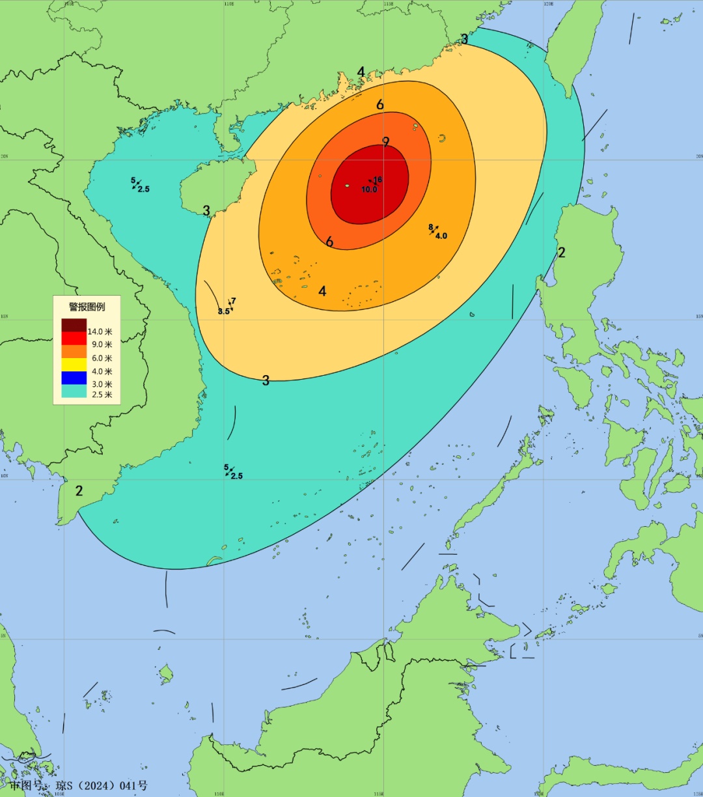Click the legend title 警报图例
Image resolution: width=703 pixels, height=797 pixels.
87,307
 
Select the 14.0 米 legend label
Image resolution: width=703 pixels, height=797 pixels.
100,331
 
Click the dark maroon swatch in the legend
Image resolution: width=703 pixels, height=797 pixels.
74,325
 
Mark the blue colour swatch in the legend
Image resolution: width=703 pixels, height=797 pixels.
74,378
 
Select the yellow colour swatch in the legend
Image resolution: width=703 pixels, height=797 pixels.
74,365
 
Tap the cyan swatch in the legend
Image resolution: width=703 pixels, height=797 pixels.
74,391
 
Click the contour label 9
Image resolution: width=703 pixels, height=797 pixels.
386,142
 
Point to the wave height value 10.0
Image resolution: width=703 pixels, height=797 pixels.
369,189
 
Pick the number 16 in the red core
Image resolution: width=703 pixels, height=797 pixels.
378,180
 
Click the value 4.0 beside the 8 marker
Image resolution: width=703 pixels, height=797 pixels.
441,236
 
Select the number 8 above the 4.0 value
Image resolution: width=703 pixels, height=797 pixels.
431,227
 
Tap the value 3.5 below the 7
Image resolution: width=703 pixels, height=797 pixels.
223,311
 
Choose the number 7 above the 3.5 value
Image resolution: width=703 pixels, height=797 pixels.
234,301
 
